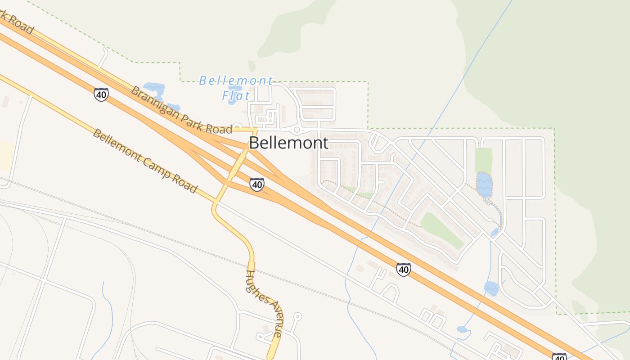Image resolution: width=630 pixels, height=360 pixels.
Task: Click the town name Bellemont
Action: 288,143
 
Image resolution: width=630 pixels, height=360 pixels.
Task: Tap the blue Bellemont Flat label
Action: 236,88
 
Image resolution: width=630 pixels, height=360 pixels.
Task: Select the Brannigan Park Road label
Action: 181,111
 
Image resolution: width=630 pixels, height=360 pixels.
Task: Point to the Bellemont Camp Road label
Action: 145,161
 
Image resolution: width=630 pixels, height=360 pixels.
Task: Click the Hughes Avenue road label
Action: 264,304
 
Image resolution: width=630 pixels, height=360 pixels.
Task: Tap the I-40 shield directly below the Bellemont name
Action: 256,184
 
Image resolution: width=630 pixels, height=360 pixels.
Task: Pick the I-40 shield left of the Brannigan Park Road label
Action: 101,94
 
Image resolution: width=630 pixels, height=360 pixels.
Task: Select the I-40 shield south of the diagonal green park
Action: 403,269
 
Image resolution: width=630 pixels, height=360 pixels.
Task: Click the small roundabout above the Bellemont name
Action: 297,130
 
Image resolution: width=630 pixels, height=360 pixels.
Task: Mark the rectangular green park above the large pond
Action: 483,160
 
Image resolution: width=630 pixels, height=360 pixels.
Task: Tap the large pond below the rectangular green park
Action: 484,185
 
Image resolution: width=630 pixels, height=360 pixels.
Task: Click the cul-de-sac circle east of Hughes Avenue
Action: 297,316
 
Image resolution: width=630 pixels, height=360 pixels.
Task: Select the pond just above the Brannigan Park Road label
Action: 153,87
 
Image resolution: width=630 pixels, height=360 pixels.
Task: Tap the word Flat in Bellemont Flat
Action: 236,96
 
